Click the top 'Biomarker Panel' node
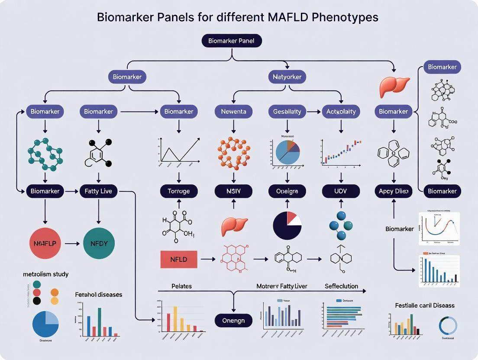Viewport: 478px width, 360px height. click(x=232, y=41)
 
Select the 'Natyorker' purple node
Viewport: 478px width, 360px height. click(x=287, y=77)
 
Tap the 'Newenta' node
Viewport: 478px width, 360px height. click(x=233, y=111)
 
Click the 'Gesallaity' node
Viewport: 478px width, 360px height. click(x=287, y=111)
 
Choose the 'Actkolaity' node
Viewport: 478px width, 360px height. click(x=341, y=111)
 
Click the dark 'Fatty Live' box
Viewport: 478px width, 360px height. click(x=99, y=191)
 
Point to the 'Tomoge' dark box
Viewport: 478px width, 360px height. click(x=178, y=191)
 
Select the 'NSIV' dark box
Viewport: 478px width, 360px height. click(x=233, y=191)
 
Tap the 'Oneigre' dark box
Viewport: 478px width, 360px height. click(x=287, y=191)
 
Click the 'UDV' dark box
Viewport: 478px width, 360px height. click(x=341, y=191)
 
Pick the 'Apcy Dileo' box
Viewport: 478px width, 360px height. click(x=393, y=191)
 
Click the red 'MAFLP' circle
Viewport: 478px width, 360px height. click(x=45, y=243)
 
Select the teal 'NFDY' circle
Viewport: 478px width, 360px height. click(x=99, y=243)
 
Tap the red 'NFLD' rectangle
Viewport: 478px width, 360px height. click(x=179, y=259)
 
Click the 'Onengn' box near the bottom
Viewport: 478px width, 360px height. click(x=233, y=321)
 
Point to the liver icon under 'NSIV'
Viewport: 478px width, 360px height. click(x=233, y=226)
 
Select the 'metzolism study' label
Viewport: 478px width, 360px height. click(x=45, y=274)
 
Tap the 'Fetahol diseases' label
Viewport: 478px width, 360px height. click(x=98, y=295)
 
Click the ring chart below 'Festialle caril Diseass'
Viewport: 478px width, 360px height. click(x=448, y=326)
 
